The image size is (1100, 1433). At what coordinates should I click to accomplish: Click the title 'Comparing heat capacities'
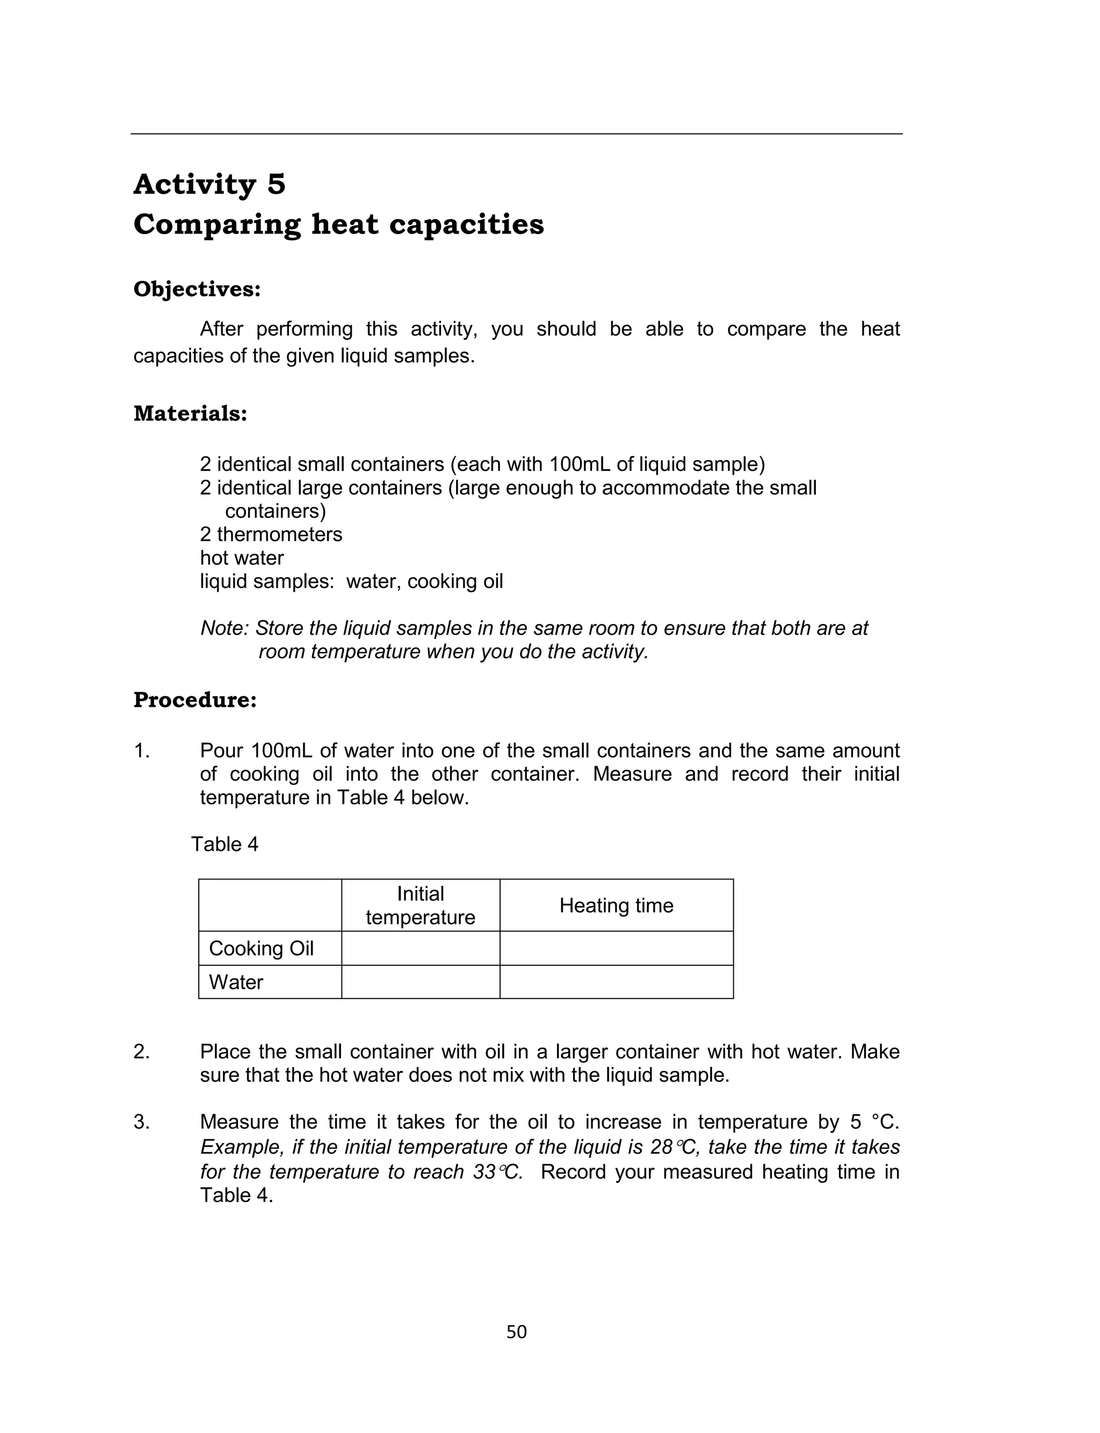click(x=338, y=224)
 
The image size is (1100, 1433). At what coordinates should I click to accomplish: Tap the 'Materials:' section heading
click(x=190, y=413)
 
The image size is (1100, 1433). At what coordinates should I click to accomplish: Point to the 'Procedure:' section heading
click(x=195, y=700)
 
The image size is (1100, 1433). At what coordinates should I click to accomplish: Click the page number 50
click(x=517, y=1332)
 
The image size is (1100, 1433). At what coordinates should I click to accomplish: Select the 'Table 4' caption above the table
click(x=225, y=844)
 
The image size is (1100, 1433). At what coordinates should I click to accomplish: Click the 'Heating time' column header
click(x=616, y=906)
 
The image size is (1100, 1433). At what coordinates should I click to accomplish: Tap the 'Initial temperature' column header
click(x=421, y=906)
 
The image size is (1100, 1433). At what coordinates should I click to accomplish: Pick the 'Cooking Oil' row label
click(x=261, y=948)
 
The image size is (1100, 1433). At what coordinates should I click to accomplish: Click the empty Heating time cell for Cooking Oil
click(x=616, y=948)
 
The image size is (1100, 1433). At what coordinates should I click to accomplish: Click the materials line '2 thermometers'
click(x=271, y=535)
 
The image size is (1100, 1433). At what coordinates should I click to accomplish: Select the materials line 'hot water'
click(x=242, y=558)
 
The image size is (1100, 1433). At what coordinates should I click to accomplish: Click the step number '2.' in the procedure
click(x=141, y=1052)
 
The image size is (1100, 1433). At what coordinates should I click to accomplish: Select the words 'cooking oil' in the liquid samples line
click(x=455, y=581)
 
